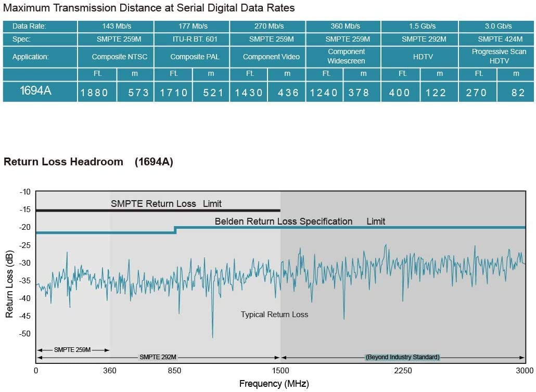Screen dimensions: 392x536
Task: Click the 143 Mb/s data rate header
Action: (116, 26)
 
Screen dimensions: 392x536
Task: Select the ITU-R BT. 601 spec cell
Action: (192, 39)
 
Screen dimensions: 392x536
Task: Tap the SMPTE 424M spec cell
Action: (497, 39)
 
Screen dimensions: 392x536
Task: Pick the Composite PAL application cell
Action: (192, 57)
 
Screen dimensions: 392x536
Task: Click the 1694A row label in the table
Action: (35, 91)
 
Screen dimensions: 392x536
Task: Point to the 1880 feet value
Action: (94, 93)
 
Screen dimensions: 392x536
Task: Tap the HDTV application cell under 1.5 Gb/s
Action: (420, 57)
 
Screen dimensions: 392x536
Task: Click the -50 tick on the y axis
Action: (25, 333)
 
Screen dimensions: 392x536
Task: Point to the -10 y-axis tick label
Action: (25, 192)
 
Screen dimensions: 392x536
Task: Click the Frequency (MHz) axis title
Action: (274, 384)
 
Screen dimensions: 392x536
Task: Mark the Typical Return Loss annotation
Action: (274, 315)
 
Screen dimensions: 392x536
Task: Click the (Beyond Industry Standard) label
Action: (402, 357)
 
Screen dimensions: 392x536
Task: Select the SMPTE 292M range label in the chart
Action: (158, 357)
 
